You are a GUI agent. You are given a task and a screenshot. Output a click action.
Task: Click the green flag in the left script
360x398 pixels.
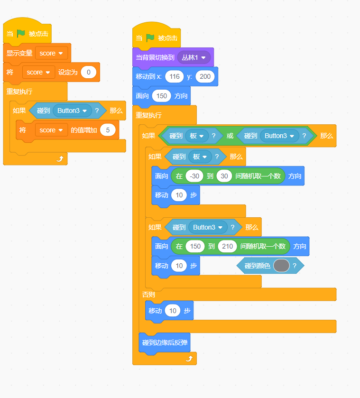pos(21,34)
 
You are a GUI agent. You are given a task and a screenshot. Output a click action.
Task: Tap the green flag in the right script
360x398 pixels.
pos(150,38)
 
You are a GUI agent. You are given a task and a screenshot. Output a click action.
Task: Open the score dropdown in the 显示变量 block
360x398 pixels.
pos(51,53)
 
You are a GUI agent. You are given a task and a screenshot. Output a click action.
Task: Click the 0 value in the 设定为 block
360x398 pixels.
pos(89,72)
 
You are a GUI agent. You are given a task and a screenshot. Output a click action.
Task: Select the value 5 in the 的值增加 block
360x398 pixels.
pos(108,130)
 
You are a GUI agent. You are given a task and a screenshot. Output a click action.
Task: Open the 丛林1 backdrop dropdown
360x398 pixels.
pos(194,57)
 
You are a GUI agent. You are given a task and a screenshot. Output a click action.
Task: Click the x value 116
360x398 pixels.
pos(174,76)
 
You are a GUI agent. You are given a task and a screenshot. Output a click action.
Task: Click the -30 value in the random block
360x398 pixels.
pos(194,176)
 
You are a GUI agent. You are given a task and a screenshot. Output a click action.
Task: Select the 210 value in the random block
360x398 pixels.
pos(227,246)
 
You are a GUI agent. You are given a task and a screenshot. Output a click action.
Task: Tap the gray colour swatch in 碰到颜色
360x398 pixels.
pos(281,266)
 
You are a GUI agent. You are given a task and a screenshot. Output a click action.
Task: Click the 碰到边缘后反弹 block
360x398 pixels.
pos(165,342)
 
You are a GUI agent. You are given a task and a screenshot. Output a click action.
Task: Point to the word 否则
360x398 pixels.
pos(148,295)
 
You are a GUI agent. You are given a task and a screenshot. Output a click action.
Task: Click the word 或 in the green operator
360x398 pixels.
pos(230,136)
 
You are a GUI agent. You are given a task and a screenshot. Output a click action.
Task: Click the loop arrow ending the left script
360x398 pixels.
pos(60,158)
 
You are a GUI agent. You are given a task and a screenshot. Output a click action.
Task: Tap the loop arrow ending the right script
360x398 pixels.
pos(189,359)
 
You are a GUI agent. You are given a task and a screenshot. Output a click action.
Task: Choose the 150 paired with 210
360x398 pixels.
pos(195,246)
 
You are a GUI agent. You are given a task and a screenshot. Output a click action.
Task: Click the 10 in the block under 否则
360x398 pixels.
pos(173,311)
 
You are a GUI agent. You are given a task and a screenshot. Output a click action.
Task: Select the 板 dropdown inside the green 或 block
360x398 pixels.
pos(197,136)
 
